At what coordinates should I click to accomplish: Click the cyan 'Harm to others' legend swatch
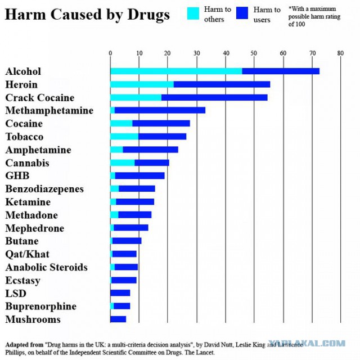click(193, 13)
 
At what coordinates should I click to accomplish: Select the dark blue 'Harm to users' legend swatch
click(242, 13)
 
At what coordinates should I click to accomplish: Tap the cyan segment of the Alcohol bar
click(176, 71)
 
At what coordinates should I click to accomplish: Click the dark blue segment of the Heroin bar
click(222, 84)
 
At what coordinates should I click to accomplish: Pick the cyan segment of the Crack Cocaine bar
click(136, 97)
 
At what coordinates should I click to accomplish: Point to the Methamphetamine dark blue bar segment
click(160, 110)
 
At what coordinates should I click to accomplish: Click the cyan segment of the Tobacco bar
click(124, 137)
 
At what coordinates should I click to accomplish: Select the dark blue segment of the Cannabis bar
click(152, 163)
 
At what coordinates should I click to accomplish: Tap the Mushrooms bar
click(118, 319)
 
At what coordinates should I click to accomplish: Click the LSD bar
click(120, 293)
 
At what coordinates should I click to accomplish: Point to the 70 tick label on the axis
click(313, 53)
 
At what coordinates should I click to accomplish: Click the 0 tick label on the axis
click(110, 53)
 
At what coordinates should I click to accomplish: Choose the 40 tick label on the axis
click(226, 53)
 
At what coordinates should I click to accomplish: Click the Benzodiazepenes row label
click(44, 189)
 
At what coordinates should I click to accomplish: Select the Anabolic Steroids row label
click(46, 267)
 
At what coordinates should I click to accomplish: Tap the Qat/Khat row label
click(28, 254)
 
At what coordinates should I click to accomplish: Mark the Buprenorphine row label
click(41, 307)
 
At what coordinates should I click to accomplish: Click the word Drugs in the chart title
click(148, 15)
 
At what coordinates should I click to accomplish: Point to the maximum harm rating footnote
click(314, 16)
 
